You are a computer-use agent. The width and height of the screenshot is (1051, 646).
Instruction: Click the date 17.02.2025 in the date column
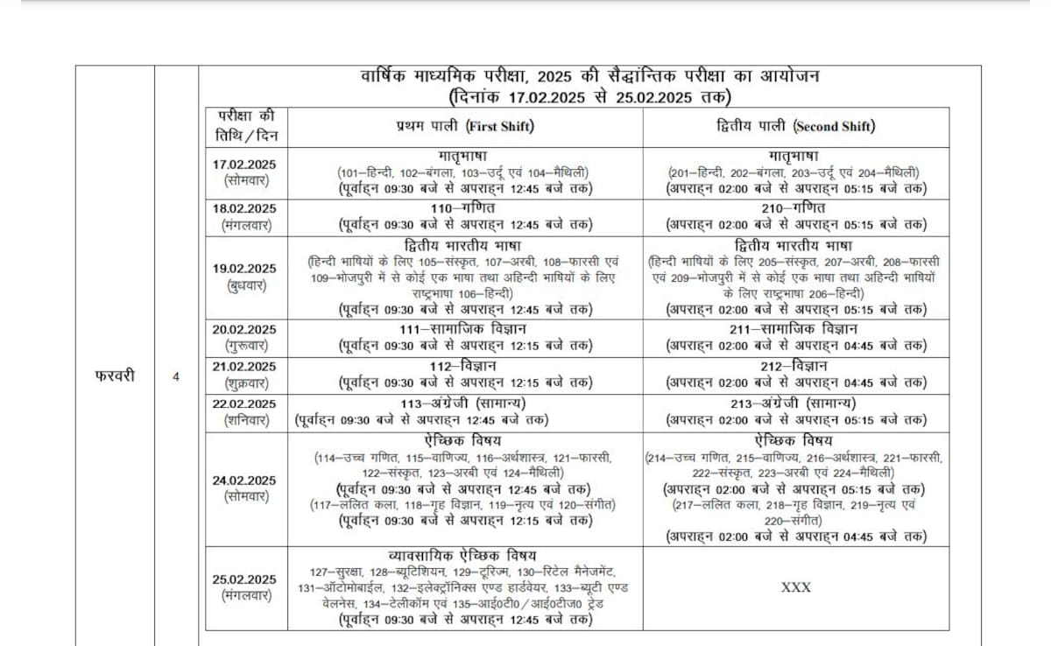[x=244, y=164]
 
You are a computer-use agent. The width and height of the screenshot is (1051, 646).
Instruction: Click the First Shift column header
[x=465, y=126]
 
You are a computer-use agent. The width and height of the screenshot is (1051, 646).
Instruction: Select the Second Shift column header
[x=794, y=126]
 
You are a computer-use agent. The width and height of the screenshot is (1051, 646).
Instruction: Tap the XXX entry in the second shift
[x=795, y=587]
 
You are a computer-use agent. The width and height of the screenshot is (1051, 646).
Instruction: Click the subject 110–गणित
[x=464, y=207]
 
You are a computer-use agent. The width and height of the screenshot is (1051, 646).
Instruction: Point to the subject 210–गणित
[x=794, y=207]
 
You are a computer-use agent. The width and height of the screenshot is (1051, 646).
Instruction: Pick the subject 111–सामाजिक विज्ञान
[x=465, y=329]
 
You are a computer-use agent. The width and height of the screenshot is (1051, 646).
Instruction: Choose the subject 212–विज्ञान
[x=794, y=366]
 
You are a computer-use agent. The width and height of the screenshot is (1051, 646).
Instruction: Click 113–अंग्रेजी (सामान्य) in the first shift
[x=465, y=403]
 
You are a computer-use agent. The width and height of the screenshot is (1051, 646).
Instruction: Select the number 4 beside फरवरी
[x=176, y=377]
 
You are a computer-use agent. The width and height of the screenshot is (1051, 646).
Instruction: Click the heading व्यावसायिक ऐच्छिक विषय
[x=463, y=556]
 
